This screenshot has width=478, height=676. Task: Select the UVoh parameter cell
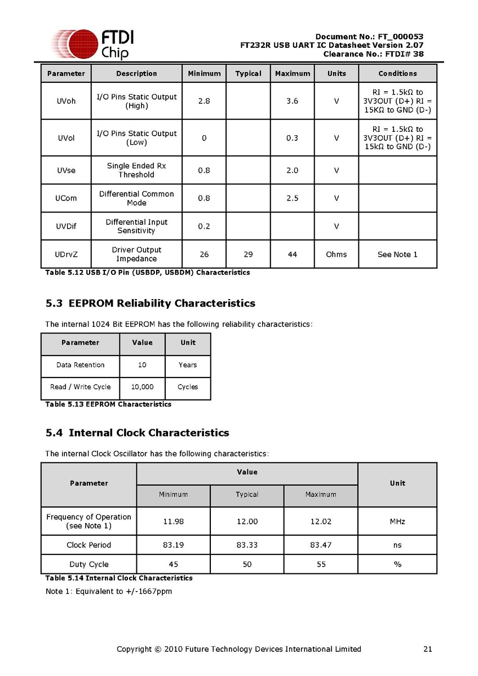pyautogui.click(x=66, y=101)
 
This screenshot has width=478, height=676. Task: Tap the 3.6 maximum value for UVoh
pyautogui.click(x=292, y=101)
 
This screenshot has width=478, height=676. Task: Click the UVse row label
pyautogui.click(x=66, y=170)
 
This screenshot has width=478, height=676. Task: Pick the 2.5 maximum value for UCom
pyautogui.click(x=292, y=198)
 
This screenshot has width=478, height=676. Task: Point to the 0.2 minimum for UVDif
pyautogui.click(x=204, y=226)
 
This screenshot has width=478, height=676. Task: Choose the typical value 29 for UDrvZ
pyautogui.click(x=248, y=255)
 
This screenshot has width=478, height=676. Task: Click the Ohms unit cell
pyautogui.click(x=337, y=255)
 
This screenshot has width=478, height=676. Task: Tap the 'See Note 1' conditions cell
pyautogui.click(x=397, y=255)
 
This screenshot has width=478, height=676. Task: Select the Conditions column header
pyautogui.click(x=397, y=74)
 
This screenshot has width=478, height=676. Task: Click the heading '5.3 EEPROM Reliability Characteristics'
pyautogui.click(x=151, y=304)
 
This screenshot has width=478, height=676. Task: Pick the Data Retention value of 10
pyautogui.click(x=142, y=365)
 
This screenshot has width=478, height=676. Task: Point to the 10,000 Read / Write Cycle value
pyautogui.click(x=142, y=387)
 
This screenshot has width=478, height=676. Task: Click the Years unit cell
pyautogui.click(x=188, y=365)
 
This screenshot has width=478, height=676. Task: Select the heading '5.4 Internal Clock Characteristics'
pyautogui.click(x=138, y=433)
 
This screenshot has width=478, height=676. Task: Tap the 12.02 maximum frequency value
pyautogui.click(x=321, y=522)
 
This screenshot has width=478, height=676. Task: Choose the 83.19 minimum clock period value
pyautogui.click(x=173, y=545)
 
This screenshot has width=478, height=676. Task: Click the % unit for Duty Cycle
pyautogui.click(x=397, y=564)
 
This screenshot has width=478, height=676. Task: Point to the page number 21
pyautogui.click(x=427, y=650)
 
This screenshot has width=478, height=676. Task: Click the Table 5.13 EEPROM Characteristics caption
pyautogui.click(x=108, y=404)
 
